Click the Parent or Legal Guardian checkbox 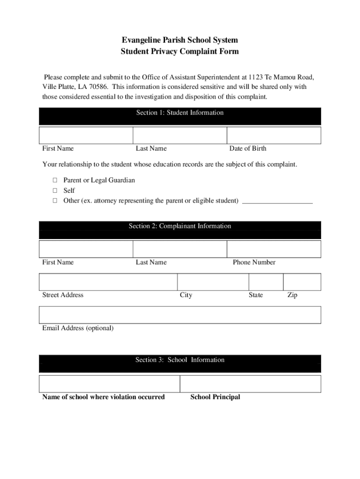point(55,180)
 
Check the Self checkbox point(55,190)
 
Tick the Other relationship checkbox point(55,201)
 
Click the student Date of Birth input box point(274,135)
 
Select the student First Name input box point(86,135)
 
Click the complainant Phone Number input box point(274,249)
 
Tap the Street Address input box point(108,282)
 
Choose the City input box point(213,282)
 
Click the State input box point(266,282)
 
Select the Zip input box point(302,282)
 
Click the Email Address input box point(180,315)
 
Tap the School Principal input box point(251,384)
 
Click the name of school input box point(109,384)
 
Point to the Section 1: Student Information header point(180,113)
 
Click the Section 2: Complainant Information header point(180,226)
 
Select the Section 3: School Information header point(180,360)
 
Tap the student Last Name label point(151,148)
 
